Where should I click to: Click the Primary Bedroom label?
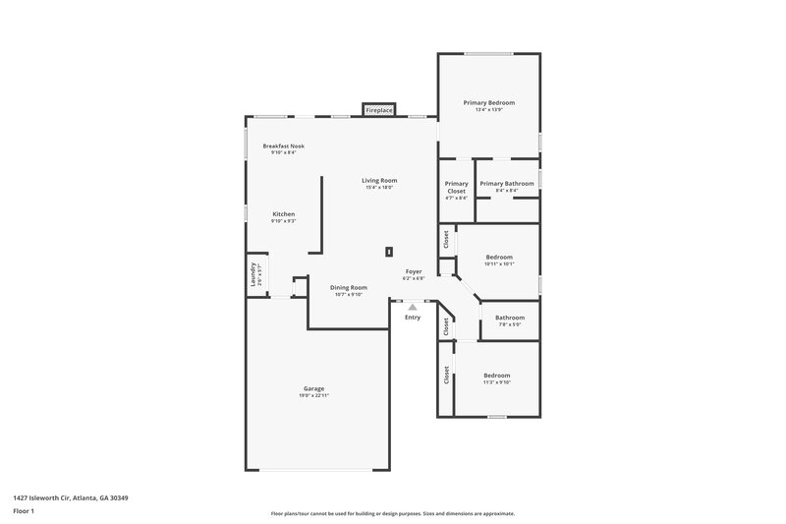(488, 102)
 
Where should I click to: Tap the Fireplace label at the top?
(379, 111)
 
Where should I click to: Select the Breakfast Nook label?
(283, 146)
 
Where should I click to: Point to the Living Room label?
(379, 180)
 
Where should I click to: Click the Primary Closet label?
(456, 187)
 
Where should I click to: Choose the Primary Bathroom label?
(507, 183)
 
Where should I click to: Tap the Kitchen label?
(283, 213)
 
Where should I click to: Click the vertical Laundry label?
(253, 274)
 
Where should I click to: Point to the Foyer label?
(414, 271)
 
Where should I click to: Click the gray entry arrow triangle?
(413, 307)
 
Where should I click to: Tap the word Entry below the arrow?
(413, 317)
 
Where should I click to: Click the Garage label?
(313, 388)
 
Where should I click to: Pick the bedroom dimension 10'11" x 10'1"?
(499, 264)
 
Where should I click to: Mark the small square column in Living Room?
(389, 251)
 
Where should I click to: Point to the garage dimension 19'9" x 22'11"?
(313, 395)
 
